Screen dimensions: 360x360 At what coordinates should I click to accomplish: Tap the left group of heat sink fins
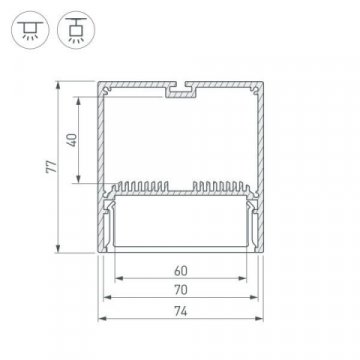146,186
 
